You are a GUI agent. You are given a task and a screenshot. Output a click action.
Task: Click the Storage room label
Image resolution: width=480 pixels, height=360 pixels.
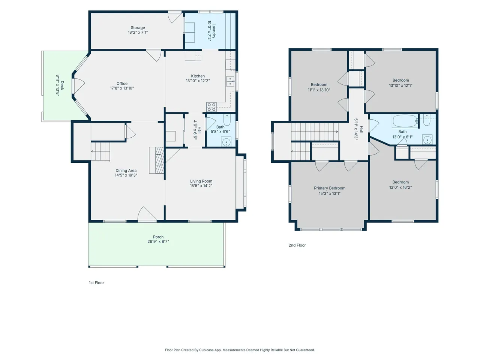[138, 28]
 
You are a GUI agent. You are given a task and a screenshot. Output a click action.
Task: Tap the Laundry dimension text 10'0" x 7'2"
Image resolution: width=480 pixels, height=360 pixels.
[209, 31]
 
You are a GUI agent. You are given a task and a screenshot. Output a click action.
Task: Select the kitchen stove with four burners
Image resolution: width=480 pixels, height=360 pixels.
[211, 107]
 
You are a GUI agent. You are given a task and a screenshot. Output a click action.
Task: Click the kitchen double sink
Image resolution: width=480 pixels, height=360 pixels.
[230, 81]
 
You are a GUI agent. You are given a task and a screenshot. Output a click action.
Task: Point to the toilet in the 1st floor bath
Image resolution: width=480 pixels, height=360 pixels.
[227, 120]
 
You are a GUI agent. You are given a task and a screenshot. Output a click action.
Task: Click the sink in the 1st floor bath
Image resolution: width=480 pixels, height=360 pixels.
[226, 142]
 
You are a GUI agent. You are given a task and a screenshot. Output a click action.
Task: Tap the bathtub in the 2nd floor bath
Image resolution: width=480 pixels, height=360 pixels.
[405, 121]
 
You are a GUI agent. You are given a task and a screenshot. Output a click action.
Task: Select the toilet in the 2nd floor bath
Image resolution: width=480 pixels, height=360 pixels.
[427, 120]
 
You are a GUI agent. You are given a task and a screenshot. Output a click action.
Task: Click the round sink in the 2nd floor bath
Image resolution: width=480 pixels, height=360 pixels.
[427, 139]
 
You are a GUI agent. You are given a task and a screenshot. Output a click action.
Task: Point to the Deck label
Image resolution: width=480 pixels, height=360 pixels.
[62, 85]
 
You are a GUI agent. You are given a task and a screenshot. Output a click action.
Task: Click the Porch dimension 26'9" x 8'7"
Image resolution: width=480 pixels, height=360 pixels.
[158, 241]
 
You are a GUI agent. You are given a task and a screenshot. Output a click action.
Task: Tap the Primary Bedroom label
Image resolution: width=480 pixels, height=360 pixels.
[330, 188]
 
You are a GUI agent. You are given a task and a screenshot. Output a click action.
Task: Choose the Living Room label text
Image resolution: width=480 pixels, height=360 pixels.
[201, 181]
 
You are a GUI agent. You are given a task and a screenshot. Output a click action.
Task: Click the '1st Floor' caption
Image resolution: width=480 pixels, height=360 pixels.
[96, 283]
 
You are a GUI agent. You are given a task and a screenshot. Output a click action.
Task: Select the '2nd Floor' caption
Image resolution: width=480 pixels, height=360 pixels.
[297, 245]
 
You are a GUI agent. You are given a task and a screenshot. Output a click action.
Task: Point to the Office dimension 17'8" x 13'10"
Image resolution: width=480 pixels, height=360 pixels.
[122, 88]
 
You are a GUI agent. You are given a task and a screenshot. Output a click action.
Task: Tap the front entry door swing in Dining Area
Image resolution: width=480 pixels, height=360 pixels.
[147, 213]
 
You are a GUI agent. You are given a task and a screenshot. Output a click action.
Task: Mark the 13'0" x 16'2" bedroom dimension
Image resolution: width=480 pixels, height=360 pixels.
[400, 187]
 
